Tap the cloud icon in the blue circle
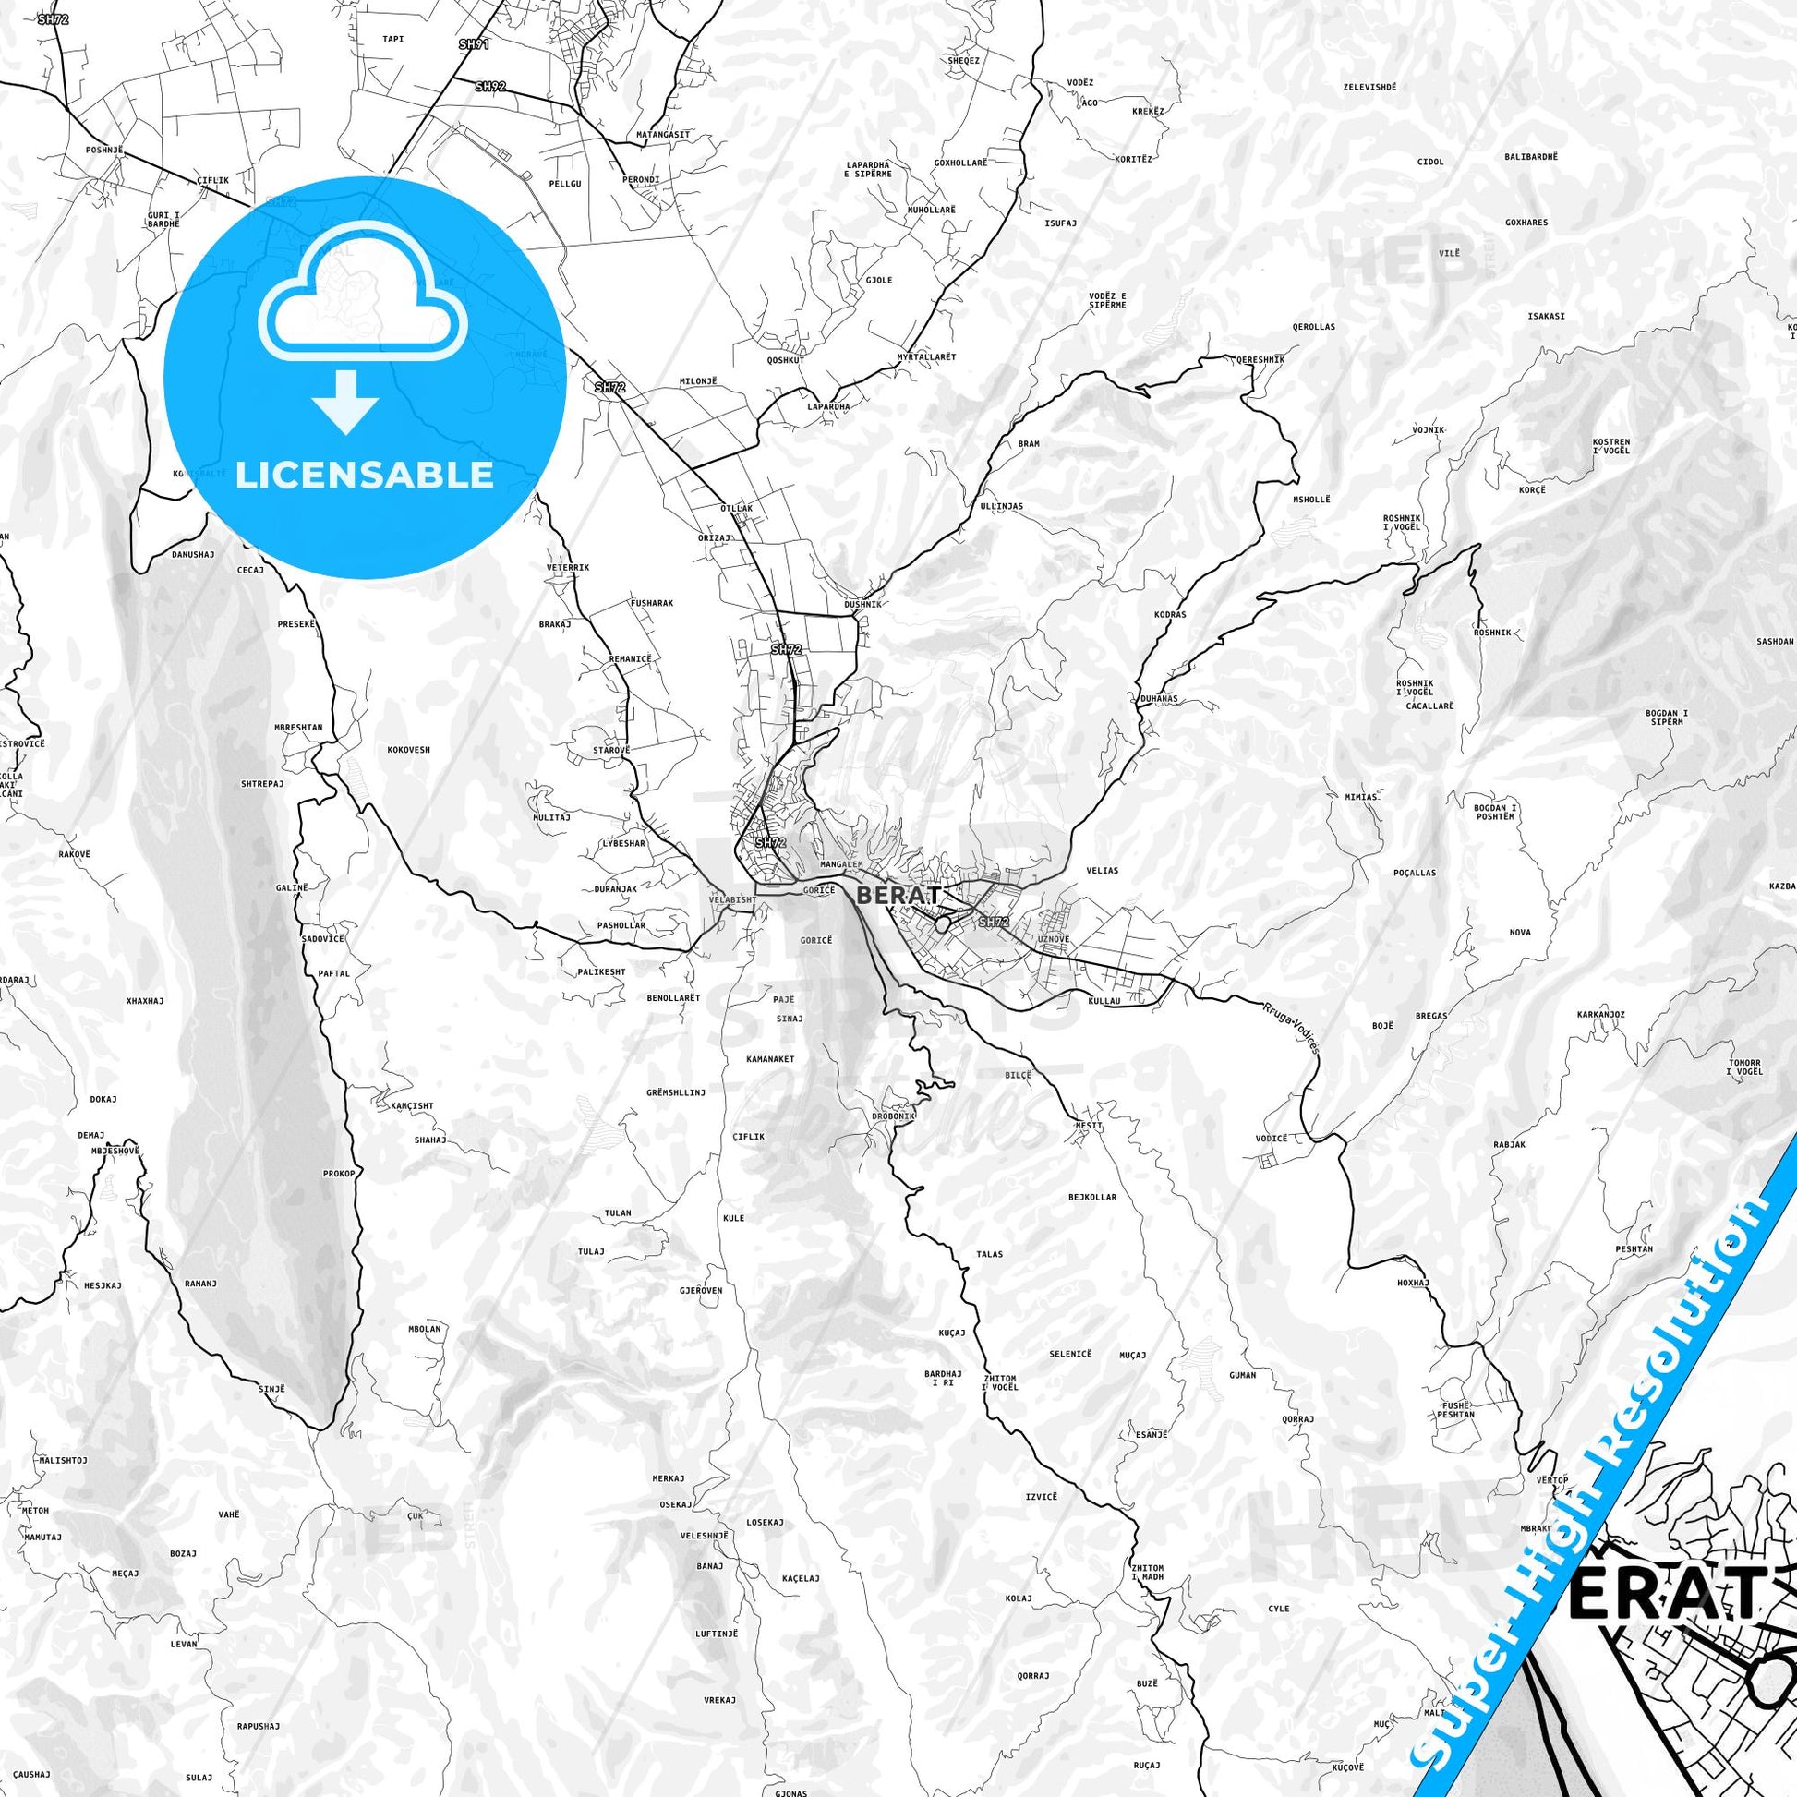(365, 302)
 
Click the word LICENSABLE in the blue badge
(365, 475)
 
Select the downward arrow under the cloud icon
(345, 401)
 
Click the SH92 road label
(489, 86)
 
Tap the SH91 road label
(474, 43)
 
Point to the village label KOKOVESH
(408, 749)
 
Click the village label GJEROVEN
(701, 1291)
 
